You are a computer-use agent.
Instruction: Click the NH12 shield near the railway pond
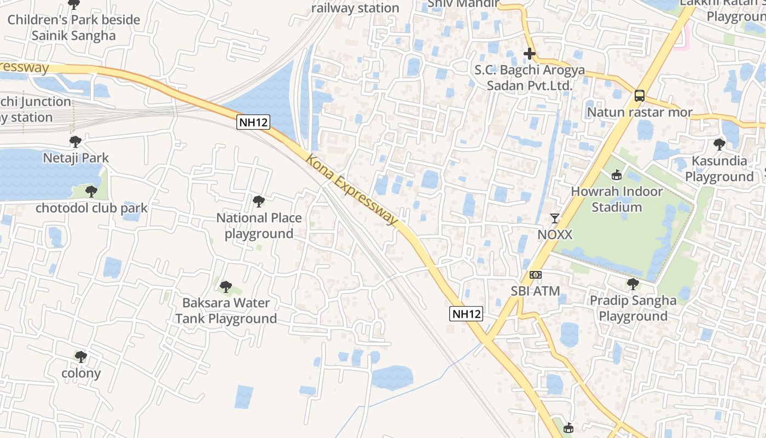(x=254, y=122)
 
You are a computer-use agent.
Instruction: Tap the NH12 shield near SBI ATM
(x=467, y=314)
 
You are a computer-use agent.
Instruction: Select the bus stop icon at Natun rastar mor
(x=640, y=96)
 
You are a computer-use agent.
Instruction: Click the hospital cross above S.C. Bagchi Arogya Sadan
(x=529, y=54)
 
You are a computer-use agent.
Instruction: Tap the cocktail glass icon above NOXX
(x=555, y=218)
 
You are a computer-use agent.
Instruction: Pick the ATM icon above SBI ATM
(x=535, y=275)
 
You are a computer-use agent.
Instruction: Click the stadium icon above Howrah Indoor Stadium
(x=617, y=175)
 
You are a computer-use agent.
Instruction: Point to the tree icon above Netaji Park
(x=76, y=142)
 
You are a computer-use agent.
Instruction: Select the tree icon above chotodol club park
(x=91, y=192)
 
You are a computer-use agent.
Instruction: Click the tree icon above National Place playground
(x=259, y=201)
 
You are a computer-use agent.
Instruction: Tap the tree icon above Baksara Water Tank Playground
(x=225, y=286)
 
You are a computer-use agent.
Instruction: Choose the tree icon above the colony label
(x=81, y=357)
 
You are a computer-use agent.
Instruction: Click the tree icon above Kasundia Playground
(x=719, y=145)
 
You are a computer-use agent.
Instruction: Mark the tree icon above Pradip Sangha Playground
(x=633, y=284)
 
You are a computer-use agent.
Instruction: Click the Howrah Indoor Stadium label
(x=617, y=199)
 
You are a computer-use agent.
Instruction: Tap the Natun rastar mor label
(x=640, y=113)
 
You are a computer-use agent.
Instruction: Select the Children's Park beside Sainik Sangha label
(x=74, y=28)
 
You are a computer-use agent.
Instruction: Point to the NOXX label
(x=555, y=235)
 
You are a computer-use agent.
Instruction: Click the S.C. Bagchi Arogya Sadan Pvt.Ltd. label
(x=529, y=78)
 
